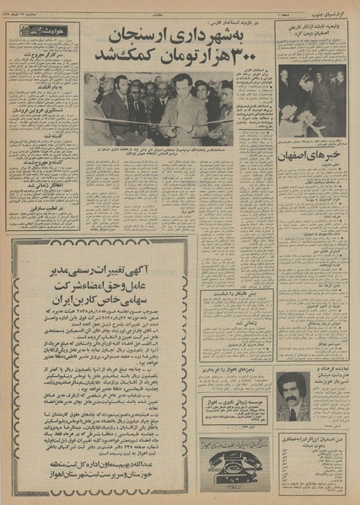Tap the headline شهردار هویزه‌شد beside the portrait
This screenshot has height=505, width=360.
pyautogui.click(x=326, y=380)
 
